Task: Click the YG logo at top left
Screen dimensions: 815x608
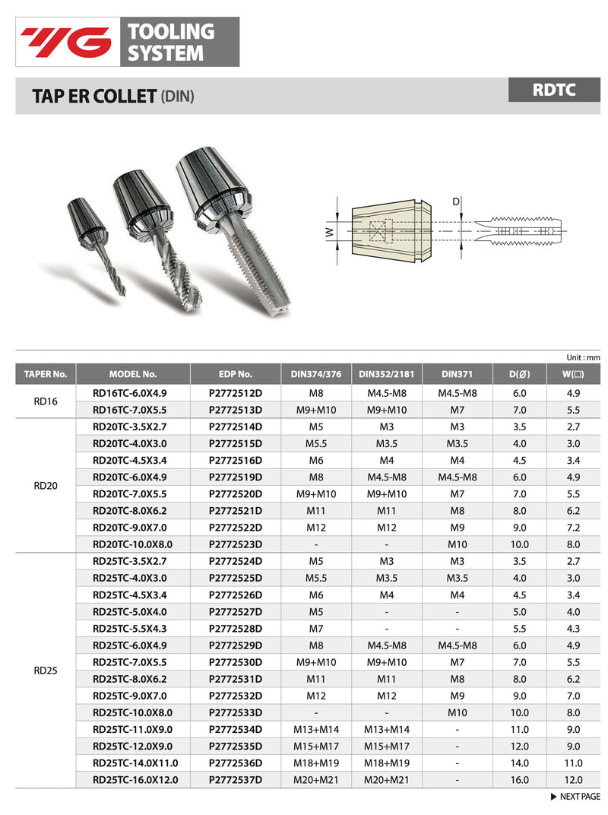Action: point(66,42)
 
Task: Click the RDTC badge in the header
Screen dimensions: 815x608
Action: point(554,90)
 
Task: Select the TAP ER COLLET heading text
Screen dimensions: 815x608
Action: point(93,97)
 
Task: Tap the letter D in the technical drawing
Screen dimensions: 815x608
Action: point(455,202)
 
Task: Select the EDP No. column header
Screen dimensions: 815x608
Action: point(236,374)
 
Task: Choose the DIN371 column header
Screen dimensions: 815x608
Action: point(457,374)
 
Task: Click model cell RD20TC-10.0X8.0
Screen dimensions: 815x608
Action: point(133,544)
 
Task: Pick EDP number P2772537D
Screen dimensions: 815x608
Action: point(236,779)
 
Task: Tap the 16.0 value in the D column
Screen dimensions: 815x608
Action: point(520,779)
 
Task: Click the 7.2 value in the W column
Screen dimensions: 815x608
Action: point(573,527)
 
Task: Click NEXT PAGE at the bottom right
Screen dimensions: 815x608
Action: point(575,797)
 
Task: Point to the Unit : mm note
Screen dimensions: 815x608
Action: point(583,357)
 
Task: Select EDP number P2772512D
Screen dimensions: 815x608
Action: point(236,393)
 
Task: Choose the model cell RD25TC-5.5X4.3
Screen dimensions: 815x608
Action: point(129,628)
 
